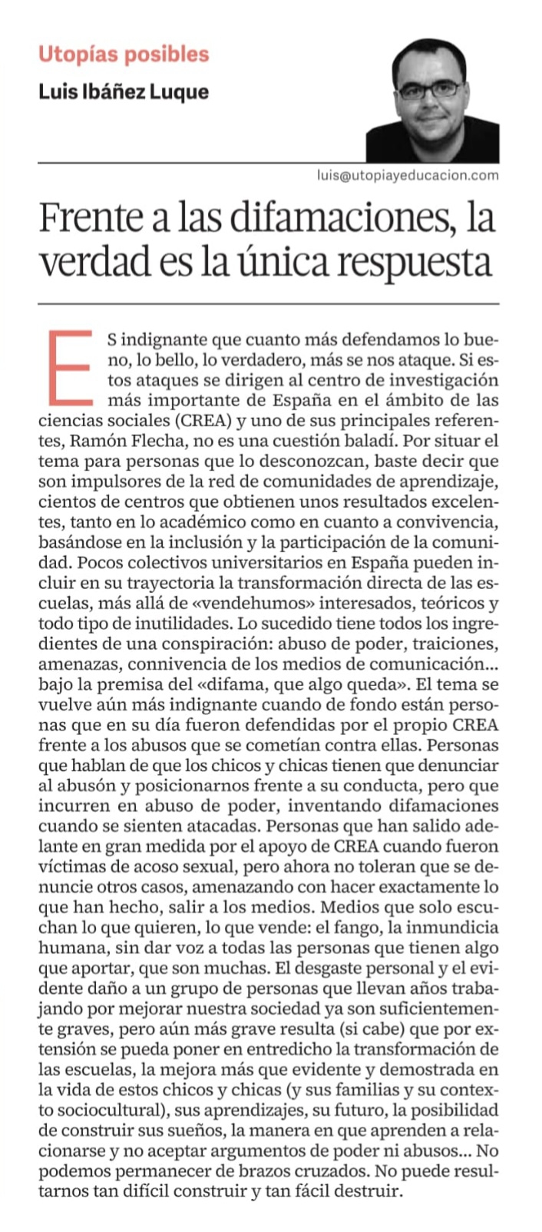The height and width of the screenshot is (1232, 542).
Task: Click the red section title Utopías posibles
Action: pyautogui.click(x=124, y=55)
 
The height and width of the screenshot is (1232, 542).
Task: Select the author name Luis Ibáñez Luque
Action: pyautogui.click(x=124, y=92)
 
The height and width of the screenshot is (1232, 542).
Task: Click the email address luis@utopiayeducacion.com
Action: pyautogui.click(x=408, y=175)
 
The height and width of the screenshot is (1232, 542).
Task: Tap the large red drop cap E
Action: pyautogui.click(x=71, y=368)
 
